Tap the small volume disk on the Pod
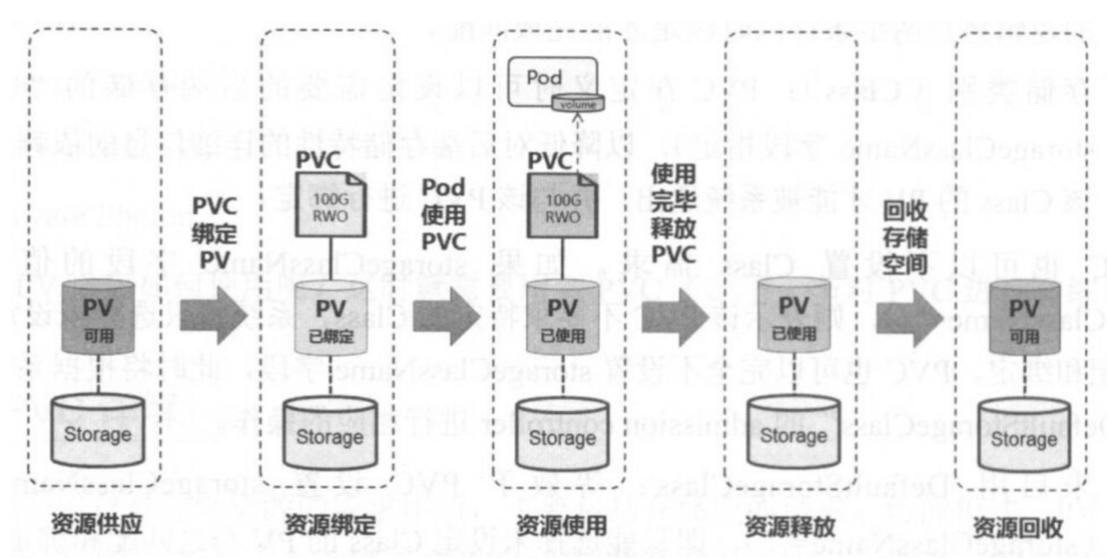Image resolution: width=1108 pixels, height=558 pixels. (x=578, y=104)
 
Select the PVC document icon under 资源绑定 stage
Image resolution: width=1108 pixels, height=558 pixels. (x=330, y=205)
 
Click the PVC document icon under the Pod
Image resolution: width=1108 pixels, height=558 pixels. (x=562, y=206)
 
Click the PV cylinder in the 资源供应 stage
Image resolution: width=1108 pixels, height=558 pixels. (x=98, y=317)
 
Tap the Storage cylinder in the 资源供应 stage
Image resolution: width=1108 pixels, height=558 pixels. (x=98, y=432)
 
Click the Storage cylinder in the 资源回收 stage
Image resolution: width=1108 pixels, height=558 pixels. (x=1024, y=436)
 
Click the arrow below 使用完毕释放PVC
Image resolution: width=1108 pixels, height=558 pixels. (x=676, y=317)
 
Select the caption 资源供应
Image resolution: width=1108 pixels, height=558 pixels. (x=97, y=524)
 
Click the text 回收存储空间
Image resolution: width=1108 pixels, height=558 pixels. (x=905, y=238)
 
